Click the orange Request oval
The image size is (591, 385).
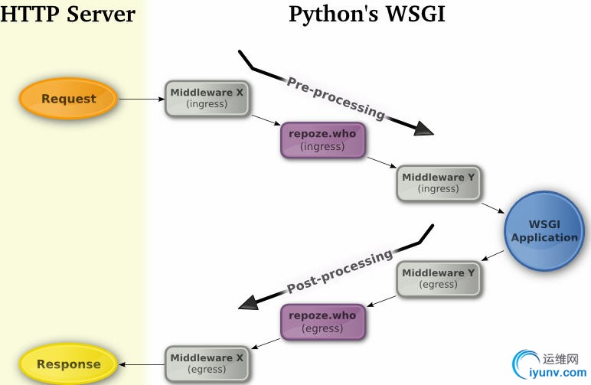[x=69, y=99]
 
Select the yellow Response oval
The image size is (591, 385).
[x=69, y=364]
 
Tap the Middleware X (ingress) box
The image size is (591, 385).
[x=207, y=98]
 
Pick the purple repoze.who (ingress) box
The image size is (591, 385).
[x=322, y=140]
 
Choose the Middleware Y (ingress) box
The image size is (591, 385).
[x=439, y=183]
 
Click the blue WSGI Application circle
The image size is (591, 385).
[x=544, y=231]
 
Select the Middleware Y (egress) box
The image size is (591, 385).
[x=439, y=279]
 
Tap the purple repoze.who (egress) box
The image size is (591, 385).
[x=322, y=321]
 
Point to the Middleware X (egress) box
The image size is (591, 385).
[x=207, y=364]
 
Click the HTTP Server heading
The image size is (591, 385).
[x=67, y=15]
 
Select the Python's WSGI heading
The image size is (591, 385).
[x=366, y=15]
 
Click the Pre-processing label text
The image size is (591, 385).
[x=336, y=97]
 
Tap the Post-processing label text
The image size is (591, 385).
[x=340, y=272]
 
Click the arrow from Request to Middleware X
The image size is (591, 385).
[x=142, y=99]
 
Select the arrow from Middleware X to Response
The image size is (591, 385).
[x=142, y=364]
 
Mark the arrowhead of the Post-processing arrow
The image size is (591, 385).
[x=248, y=304]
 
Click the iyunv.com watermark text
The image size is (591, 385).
[x=552, y=373]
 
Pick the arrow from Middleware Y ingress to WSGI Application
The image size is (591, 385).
[x=492, y=207]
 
